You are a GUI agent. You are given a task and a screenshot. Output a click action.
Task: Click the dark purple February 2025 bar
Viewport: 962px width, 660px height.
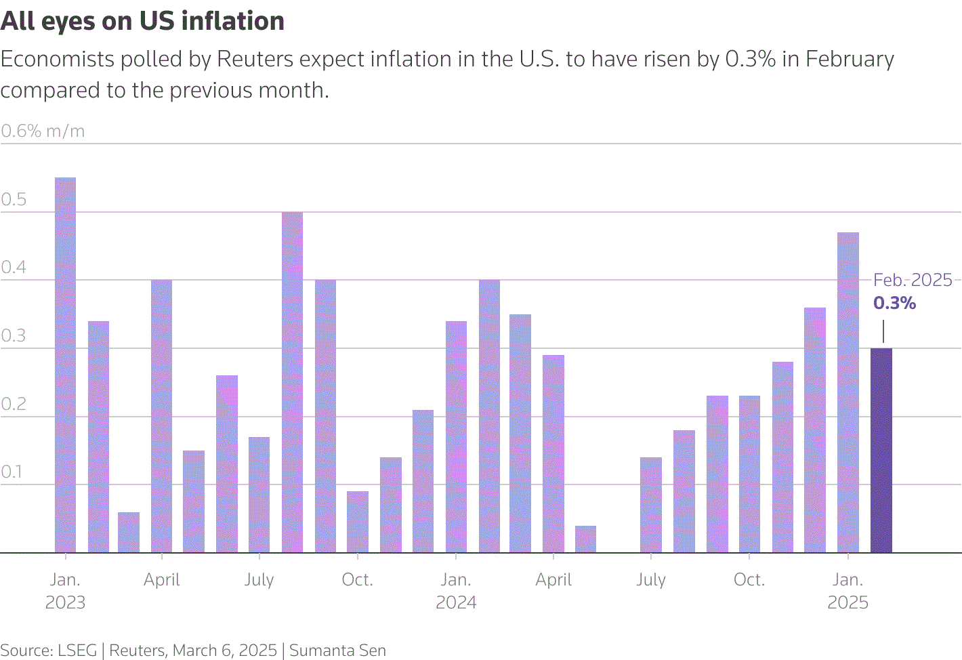tap(881, 451)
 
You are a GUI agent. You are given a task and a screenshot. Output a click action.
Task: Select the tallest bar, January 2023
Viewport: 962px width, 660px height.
tap(65, 365)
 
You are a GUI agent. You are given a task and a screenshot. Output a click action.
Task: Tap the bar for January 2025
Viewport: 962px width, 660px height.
tap(848, 393)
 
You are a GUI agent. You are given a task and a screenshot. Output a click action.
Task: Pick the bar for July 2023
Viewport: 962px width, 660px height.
tap(259, 495)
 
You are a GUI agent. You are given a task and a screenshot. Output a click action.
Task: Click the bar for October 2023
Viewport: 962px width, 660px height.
tap(358, 522)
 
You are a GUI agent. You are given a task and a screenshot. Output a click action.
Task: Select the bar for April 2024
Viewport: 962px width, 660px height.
tap(553, 454)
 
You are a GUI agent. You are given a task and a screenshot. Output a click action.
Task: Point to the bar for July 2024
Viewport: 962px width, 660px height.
tap(651, 505)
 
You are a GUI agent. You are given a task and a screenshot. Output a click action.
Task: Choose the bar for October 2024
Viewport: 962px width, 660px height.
tap(749, 474)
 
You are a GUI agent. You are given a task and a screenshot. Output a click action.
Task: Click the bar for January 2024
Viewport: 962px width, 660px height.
tap(456, 437)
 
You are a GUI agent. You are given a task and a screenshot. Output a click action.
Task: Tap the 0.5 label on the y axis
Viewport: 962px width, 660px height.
tap(14, 199)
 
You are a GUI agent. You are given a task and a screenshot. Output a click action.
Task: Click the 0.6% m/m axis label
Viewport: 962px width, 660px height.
tap(43, 131)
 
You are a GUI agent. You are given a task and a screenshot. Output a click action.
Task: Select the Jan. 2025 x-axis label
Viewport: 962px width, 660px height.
tap(848, 591)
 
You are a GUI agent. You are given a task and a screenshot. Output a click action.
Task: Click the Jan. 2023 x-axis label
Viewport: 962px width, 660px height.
tap(65, 591)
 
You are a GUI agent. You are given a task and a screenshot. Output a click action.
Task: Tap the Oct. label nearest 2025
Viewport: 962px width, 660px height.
tap(749, 580)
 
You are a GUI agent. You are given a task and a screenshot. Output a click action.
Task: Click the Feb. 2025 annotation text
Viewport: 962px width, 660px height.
tap(913, 280)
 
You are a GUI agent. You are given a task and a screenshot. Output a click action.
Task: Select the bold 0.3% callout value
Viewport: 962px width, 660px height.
tap(894, 303)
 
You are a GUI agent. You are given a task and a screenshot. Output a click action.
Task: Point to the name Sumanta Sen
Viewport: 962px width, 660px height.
tap(337, 651)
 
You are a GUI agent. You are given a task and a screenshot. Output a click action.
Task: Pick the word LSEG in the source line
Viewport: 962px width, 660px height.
tap(77, 651)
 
